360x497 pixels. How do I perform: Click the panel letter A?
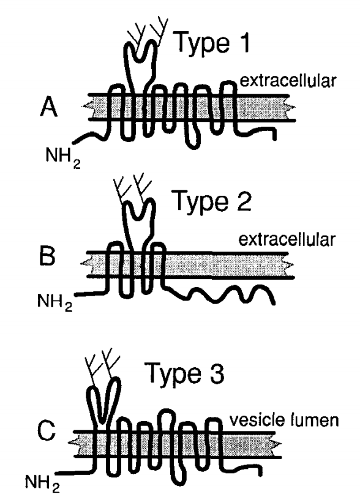[x=49, y=107]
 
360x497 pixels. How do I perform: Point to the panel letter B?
[x=47, y=256]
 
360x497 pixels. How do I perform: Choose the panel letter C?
[x=47, y=431]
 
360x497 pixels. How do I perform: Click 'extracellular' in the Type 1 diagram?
[x=288, y=81]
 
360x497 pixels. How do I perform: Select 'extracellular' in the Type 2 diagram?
[x=287, y=240]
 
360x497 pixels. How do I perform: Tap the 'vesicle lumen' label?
[x=284, y=420]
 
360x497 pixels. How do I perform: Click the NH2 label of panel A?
[x=63, y=157]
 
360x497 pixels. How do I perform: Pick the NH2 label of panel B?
[x=54, y=301]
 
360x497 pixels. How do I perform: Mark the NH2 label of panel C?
[x=42, y=483]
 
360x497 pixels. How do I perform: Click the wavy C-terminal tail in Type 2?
[x=219, y=294]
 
